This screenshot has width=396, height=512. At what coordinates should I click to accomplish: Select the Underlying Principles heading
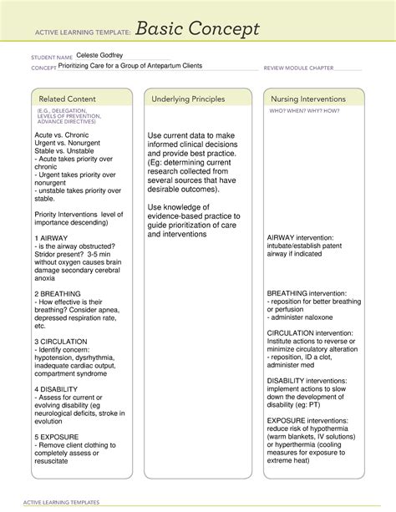[x=187, y=99]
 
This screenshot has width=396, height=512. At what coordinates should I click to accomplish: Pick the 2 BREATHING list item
[x=58, y=294]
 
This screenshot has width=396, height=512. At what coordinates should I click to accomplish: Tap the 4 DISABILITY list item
[x=58, y=389]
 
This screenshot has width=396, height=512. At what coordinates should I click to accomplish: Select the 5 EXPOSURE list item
[x=57, y=437]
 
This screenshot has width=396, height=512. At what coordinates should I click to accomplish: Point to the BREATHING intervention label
[x=310, y=294]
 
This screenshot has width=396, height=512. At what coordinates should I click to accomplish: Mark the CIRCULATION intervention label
[x=310, y=333]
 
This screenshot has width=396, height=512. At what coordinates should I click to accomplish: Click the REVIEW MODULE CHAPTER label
[x=299, y=67]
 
